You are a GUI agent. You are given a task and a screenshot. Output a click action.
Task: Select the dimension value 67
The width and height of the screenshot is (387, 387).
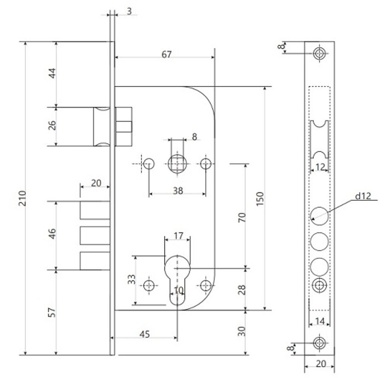pos(166,54)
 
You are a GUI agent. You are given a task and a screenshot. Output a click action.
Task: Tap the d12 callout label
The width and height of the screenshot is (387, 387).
pos(363,196)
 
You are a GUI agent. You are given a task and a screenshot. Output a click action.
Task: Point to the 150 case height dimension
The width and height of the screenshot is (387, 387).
pos(260,199)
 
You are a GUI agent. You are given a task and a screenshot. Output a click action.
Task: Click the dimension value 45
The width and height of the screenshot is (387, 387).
pos(145,334)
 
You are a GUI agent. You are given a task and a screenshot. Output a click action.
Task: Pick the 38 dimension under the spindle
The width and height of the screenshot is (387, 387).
pos(178,190)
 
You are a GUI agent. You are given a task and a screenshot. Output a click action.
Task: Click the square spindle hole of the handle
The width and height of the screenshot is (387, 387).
pos(178,163)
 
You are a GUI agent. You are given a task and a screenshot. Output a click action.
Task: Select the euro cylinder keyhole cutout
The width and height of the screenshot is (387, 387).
pos(178,280)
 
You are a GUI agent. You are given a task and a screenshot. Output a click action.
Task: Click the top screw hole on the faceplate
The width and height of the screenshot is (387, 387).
pos(320,53)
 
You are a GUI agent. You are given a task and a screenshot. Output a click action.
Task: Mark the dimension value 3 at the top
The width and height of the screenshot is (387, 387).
pos(129,11)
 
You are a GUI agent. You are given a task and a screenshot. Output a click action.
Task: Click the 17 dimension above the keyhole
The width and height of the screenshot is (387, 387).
pos(178,236)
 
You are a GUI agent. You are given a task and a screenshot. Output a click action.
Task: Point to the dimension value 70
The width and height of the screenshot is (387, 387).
pos(242,217)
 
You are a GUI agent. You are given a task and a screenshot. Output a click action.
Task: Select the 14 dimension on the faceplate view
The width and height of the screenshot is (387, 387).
pos(320,321)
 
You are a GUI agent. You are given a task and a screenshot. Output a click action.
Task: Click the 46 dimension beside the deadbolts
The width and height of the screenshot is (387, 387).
pos(52,234)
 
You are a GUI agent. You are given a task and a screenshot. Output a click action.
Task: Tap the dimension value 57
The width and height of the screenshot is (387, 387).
pos(52,312)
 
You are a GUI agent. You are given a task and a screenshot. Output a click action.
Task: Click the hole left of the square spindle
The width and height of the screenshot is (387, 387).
pos(149,163)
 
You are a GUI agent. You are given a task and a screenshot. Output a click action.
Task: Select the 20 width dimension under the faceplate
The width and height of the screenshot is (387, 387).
pos(320,363)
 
